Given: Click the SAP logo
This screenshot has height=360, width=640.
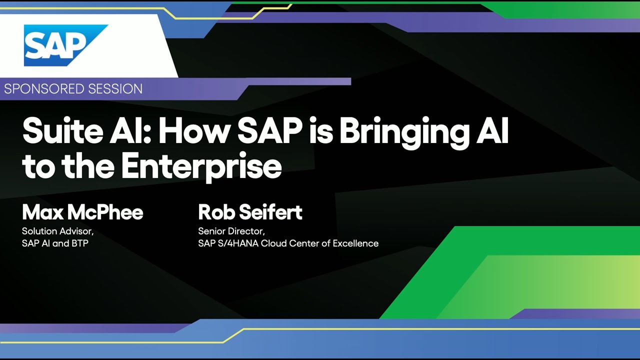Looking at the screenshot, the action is point(65,45).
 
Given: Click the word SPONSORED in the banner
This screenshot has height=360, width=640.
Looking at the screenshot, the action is point(44,89).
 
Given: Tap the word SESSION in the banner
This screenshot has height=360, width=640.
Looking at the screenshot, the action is point(115,89).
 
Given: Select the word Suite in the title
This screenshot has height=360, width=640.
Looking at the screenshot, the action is point(62,130).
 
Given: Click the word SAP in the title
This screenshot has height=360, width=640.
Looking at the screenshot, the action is point(269,131).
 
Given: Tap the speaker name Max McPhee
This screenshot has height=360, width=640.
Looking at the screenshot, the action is point(82,212).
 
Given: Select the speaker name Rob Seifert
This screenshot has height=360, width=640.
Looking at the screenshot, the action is point(250,212).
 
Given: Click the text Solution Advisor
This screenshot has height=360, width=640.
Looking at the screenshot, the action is point(57,231).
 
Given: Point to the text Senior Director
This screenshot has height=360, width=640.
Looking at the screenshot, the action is point(231,231).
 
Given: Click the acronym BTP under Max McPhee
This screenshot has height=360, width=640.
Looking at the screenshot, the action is point(80,243).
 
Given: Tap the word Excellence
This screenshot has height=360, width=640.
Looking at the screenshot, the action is point(355,243).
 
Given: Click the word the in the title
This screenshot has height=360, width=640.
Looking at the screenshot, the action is point(88,165).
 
